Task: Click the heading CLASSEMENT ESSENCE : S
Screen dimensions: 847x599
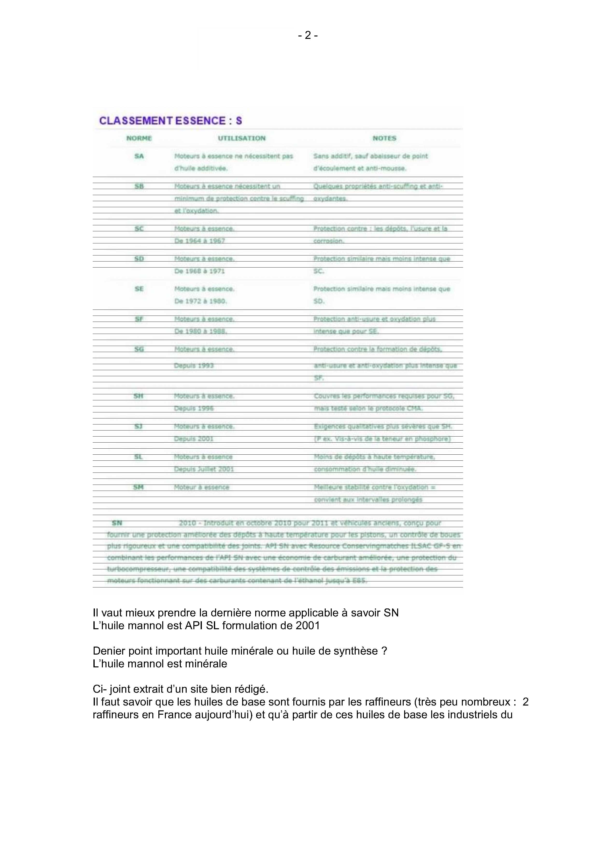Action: coord(170,121)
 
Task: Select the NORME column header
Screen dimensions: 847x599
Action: coord(139,138)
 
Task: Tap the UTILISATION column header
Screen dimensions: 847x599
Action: coord(242,138)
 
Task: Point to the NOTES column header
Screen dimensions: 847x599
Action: coord(384,138)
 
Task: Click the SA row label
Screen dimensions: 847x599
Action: coord(139,156)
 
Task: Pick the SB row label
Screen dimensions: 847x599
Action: coord(139,186)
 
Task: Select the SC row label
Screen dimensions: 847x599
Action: coord(139,229)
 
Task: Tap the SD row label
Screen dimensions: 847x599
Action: coord(139,259)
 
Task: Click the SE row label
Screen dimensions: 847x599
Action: coord(139,289)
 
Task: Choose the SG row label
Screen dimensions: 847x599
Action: coord(139,349)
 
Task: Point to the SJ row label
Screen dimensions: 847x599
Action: coord(138,426)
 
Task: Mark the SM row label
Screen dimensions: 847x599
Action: coord(138,487)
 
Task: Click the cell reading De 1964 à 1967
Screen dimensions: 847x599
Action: coord(199,241)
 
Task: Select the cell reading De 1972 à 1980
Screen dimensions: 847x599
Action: coord(201,301)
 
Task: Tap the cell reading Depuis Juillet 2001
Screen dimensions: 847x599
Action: coord(204,469)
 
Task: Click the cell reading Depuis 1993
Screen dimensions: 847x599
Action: coord(194,366)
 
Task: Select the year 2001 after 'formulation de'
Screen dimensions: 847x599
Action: coord(308,625)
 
